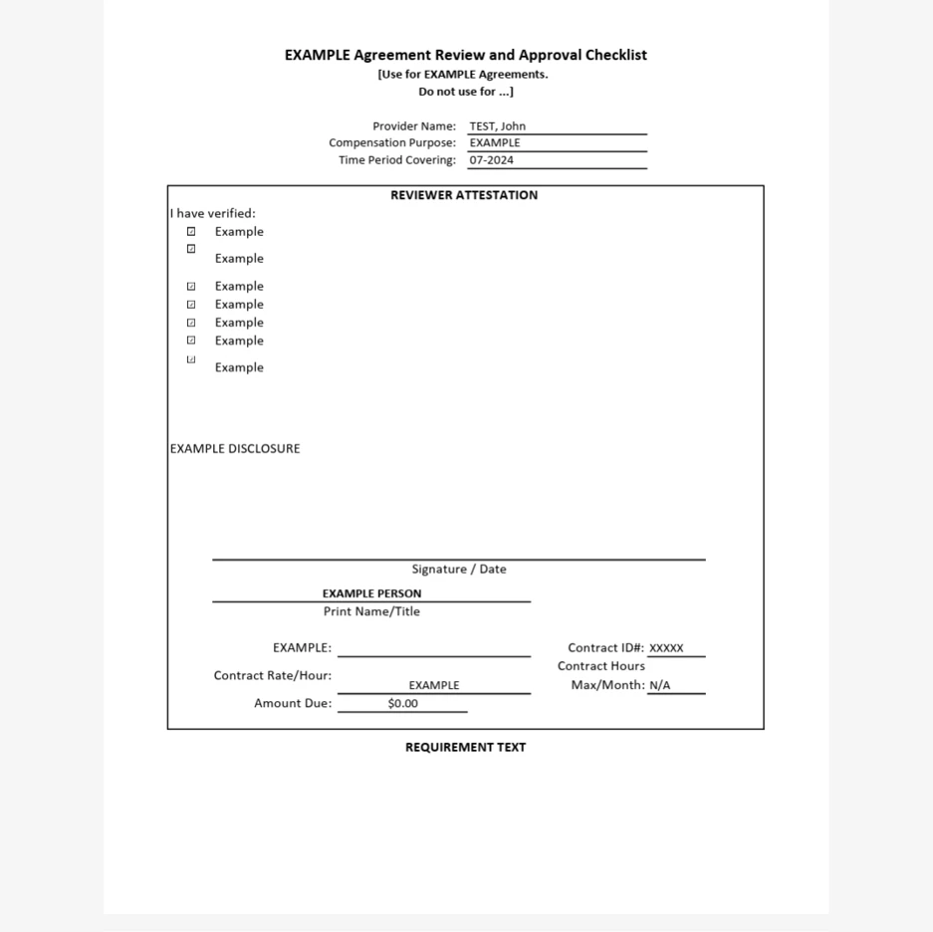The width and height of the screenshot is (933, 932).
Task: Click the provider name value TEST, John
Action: [x=497, y=126]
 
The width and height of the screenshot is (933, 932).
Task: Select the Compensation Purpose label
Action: [x=392, y=143]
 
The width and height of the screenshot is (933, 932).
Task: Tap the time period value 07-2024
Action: [x=492, y=160]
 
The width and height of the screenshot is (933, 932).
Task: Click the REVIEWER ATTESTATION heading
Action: [x=464, y=195]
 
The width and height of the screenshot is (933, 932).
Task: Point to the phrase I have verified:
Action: [x=213, y=213]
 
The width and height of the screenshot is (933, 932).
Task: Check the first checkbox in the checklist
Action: [x=191, y=232]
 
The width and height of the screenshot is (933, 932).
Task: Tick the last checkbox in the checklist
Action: [x=191, y=359]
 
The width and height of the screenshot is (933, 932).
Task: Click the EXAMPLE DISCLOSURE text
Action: [x=235, y=449]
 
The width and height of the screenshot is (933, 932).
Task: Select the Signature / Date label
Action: [x=459, y=570]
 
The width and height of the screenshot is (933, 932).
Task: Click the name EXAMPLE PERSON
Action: [x=371, y=593]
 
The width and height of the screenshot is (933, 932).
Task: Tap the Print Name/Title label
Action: [x=371, y=611]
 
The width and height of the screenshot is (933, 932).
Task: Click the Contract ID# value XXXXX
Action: [x=666, y=648]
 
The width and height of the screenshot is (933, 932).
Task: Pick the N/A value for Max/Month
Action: [x=660, y=686]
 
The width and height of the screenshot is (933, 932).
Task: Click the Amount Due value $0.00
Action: [x=403, y=704]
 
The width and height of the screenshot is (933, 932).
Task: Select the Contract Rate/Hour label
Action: [x=273, y=676]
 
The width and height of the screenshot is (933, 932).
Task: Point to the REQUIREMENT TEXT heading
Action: [x=465, y=748]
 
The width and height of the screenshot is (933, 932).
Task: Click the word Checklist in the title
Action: [x=615, y=56]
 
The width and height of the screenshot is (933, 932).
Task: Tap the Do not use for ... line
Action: [x=465, y=92]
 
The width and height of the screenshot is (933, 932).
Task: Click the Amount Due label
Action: [x=293, y=704]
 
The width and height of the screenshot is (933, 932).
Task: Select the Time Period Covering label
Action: [x=397, y=160]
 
